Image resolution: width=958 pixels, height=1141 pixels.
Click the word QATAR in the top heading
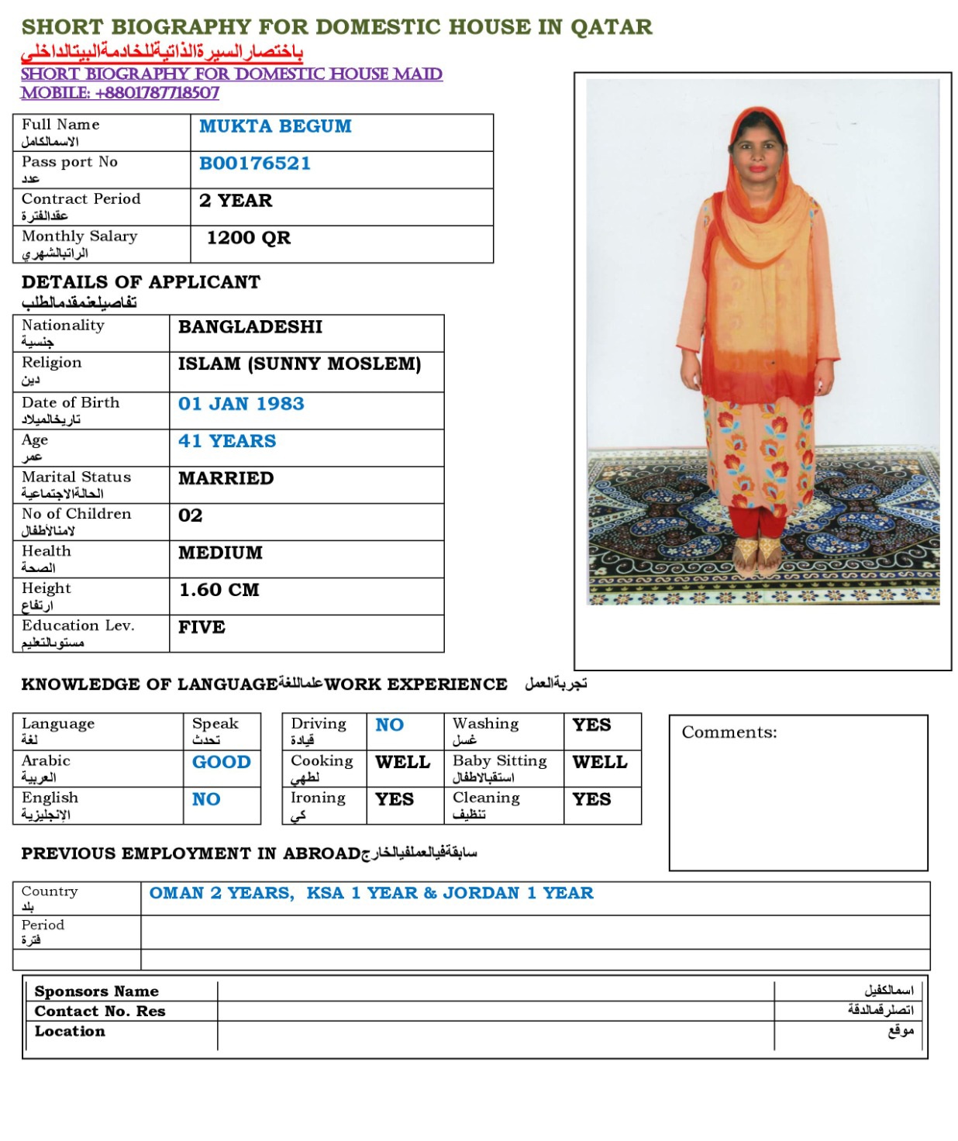click(x=611, y=27)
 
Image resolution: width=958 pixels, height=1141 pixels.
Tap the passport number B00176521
click(x=254, y=164)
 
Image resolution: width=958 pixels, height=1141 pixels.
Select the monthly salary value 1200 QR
click(x=248, y=238)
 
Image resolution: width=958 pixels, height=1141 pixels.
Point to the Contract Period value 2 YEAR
click(x=236, y=201)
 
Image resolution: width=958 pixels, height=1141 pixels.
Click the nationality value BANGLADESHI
click(x=250, y=327)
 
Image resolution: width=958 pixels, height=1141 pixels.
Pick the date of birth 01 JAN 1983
click(x=241, y=404)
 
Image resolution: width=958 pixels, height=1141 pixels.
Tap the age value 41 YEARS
click(x=227, y=441)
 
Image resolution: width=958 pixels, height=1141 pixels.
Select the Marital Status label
click(x=76, y=477)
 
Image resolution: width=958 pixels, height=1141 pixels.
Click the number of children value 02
click(x=190, y=515)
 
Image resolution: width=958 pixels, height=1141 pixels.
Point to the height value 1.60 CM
click(x=219, y=590)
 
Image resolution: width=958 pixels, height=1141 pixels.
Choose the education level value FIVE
click(x=202, y=627)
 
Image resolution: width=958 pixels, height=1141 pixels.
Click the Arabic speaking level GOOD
click(x=221, y=762)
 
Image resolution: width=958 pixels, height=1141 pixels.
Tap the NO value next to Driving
click(x=389, y=725)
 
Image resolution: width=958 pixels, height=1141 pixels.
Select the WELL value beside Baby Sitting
click(x=600, y=762)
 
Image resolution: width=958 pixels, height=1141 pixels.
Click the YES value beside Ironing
click(x=394, y=799)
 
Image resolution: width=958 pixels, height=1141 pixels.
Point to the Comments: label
click(x=729, y=733)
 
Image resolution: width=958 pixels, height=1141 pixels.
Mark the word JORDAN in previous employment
click(x=481, y=893)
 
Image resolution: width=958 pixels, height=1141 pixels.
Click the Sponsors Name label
click(x=96, y=991)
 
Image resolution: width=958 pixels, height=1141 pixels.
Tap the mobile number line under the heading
click(x=119, y=93)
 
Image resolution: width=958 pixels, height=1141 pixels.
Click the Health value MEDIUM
click(x=220, y=553)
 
